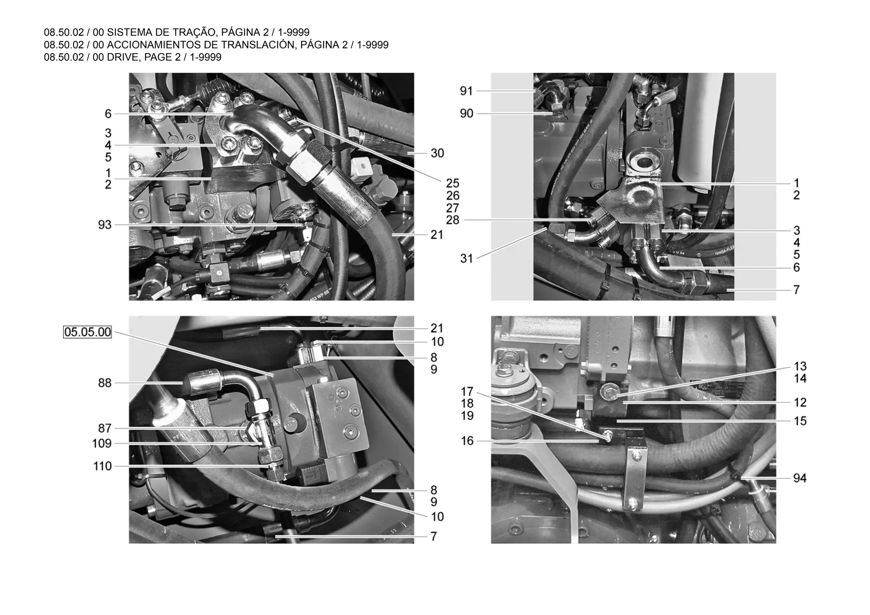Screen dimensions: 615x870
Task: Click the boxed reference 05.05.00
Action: pyautogui.click(x=88, y=332)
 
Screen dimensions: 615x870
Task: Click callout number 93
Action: pyautogui.click(x=105, y=225)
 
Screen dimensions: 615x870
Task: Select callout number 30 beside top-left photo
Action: pyautogui.click(x=437, y=153)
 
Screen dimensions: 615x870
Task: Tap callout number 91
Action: pyautogui.click(x=466, y=91)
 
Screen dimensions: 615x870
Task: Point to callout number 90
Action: pyautogui.click(x=466, y=114)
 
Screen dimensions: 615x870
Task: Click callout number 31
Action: pyautogui.click(x=466, y=258)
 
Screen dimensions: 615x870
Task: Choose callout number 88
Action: pyautogui.click(x=105, y=383)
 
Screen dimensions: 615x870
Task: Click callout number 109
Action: pyautogui.click(x=102, y=444)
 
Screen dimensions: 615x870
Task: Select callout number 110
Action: pyautogui.click(x=102, y=467)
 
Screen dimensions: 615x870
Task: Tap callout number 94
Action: pyautogui.click(x=800, y=479)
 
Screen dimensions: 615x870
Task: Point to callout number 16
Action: pyautogui.click(x=467, y=441)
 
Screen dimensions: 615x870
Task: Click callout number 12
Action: pyautogui.click(x=800, y=402)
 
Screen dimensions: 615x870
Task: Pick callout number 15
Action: pyautogui.click(x=800, y=421)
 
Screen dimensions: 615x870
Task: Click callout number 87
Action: pyautogui.click(x=105, y=428)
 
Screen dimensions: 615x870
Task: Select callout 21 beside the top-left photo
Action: pyautogui.click(x=437, y=235)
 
